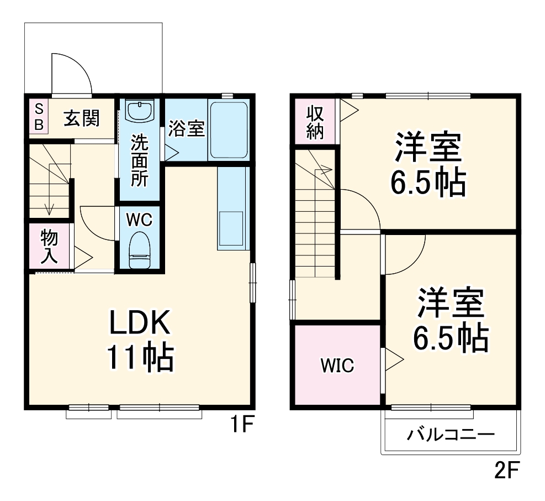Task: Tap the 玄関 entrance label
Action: click(x=81, y=118)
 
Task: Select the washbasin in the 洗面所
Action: click(x=139, y=110)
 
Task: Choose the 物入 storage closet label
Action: click(x=49, y=246)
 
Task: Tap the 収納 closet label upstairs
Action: click(x=315, y=123)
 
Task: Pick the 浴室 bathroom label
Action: click(x=187, y=128)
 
